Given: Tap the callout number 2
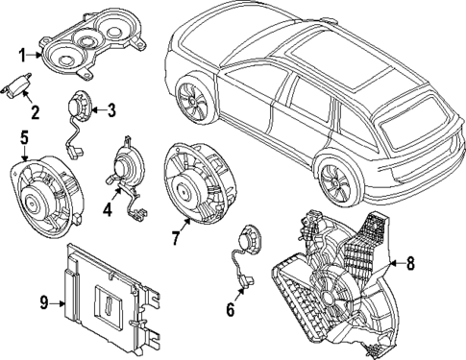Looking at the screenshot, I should (x=36, y=112).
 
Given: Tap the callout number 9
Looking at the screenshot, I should (x=43, y=302).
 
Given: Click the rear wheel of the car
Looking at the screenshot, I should (x=336, y=180).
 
